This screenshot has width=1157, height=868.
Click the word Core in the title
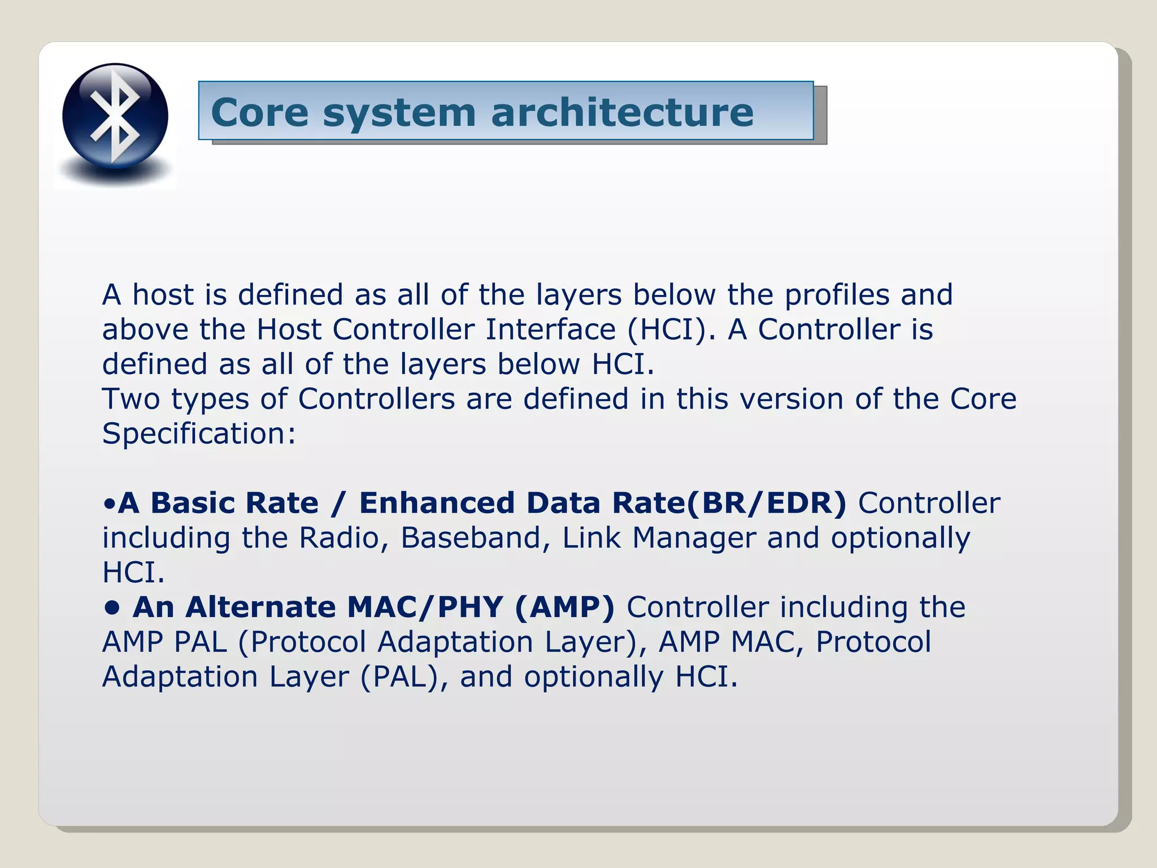tap(260, 112)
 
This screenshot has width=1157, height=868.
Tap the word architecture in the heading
tap(622, 112)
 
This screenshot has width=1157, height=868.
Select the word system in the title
tap(399, 113)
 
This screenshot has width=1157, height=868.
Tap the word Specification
tap(198, 435)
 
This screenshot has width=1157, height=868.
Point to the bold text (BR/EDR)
tap(767, 503)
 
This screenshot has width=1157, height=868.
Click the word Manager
tap(694, 538)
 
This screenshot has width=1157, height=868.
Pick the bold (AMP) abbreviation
tap(564, 607)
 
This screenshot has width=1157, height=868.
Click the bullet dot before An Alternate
tap(112, 608)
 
